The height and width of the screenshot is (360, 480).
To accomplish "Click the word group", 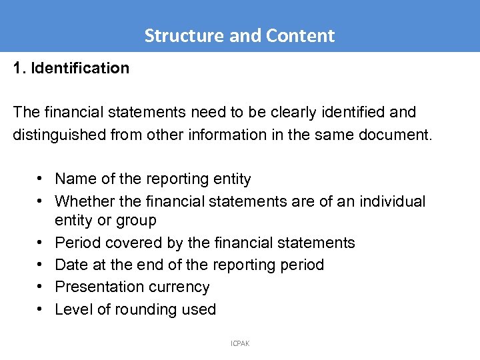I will [x=137, y=221].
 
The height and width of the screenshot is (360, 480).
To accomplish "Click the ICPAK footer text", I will [x=240, y=343].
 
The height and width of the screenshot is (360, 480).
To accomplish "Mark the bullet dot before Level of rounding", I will [x=41, y=309].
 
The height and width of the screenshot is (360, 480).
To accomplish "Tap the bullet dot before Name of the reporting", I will [x=41, y=179].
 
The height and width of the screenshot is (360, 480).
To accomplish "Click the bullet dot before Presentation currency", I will [x=41, y=287].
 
